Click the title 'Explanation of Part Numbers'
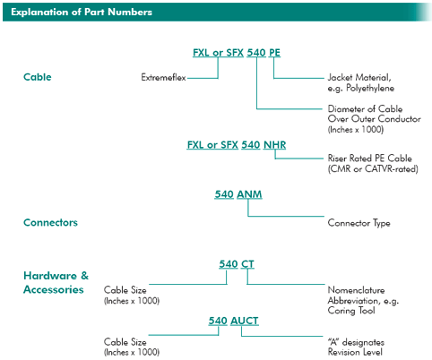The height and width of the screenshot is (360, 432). pyautogui.click(x=82, y=12)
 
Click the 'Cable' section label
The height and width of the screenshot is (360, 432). pyautogui.click(x=38, y=77)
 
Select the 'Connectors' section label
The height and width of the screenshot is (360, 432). pyautogui.click(x=50, y=222)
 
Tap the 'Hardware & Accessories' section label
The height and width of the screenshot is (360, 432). pyautogui.click(x=56, y=282)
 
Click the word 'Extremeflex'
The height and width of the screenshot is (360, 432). pyautogui.click(x=163, y=78)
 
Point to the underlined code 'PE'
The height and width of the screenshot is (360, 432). pyautogui.click(x=274, y=53)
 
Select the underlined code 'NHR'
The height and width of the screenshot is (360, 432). pyautogui.click(x=274, y=145)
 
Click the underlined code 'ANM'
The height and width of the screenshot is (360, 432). pyautogui.click(x=249, y=194)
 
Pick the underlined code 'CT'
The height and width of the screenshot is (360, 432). pyautogui.click(x=247, y=264)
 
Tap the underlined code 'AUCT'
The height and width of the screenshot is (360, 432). pyautogui.click(x=245, y=321)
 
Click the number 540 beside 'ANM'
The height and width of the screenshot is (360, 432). pyautogui.click(x=224, y=194)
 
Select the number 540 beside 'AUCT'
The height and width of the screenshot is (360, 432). pyautogui.click(x=218, y=321)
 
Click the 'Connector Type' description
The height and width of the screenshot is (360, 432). pyautogui.click(x=359, y=223)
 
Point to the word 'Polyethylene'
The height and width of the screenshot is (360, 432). pyautogui.click(x=370, y=89)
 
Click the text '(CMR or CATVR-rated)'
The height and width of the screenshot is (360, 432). pyautogui.click(x=373, y=169)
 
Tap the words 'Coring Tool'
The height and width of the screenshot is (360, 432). pyautogui.click(x=351, y=311)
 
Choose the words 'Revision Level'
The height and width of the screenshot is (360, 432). pyautogui.click(x=355, y=352)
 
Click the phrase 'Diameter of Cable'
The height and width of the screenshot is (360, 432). pyautogui.click(x=365, y=108)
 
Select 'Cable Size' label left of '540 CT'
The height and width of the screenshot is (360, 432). pyautogui.click(x=125, y=290)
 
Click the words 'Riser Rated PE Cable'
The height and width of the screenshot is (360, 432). pyautogui.click(x=370, y=159)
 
